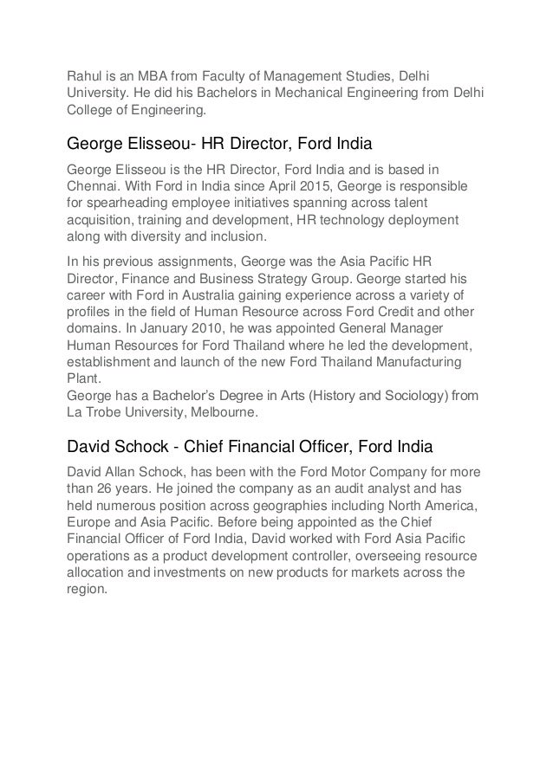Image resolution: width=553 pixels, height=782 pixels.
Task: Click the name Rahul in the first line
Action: coord(86,75)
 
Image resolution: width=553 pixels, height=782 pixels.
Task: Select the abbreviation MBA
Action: coord(145,75)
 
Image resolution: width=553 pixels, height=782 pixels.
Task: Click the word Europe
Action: coord(89,523)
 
